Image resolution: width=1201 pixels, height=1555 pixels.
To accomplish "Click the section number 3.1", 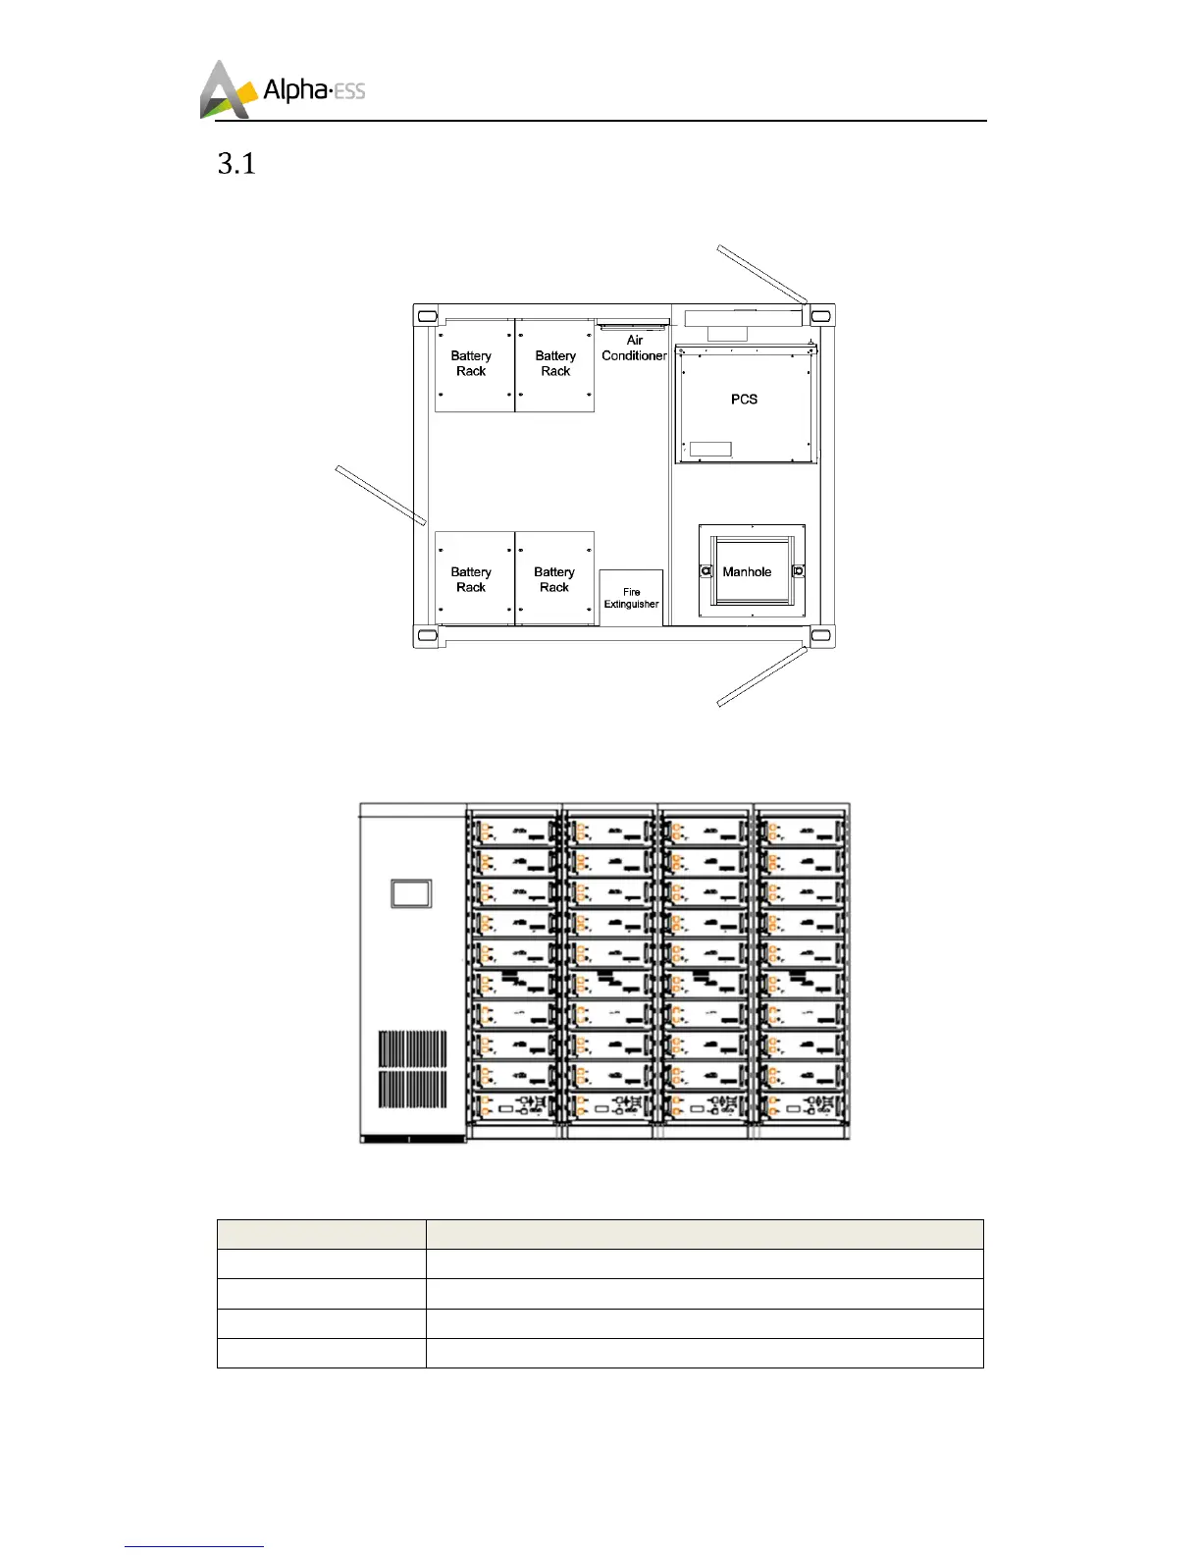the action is (x=236, y=164).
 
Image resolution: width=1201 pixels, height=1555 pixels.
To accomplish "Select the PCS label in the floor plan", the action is (x=744, y=400).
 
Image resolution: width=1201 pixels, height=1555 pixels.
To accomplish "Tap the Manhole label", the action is (x=747, y=572).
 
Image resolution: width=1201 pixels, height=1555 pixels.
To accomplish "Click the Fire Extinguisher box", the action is (x=631, y=598).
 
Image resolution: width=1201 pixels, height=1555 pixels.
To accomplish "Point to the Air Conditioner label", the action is (x=634, y=349).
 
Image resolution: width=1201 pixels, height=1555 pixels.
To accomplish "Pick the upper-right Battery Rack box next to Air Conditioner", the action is (x=555, y=365).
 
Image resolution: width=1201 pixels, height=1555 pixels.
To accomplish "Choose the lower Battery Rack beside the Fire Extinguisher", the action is (x=554, y=579).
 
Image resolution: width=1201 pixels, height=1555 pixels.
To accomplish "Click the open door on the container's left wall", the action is (x=381, y=495).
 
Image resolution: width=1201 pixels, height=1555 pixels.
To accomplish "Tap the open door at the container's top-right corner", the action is (x=761, y=274).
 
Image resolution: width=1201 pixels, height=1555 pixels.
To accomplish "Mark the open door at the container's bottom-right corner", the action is (x=761, y=676).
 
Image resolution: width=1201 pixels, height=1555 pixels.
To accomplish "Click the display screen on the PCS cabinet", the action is (x=411, y=892).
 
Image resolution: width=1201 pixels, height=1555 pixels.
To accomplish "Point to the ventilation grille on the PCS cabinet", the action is (x=413, y=1069).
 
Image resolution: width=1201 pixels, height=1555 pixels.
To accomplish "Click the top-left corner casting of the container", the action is (x=427, y=316).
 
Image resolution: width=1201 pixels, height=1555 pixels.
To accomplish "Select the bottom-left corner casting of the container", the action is (x=427, y=635).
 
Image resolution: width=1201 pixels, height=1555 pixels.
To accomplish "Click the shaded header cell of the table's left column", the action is (x=321, y=1234).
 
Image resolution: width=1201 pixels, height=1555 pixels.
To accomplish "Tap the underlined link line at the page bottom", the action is (x=194, y=1546).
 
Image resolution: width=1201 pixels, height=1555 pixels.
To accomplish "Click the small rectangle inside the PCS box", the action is (x=710, y=449).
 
